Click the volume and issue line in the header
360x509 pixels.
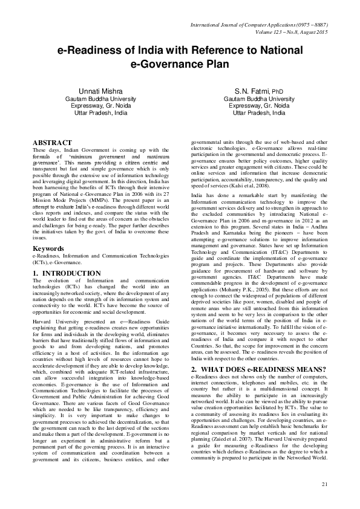click(x=290, y=31)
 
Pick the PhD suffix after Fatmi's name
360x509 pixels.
click(x=275, y=91)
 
